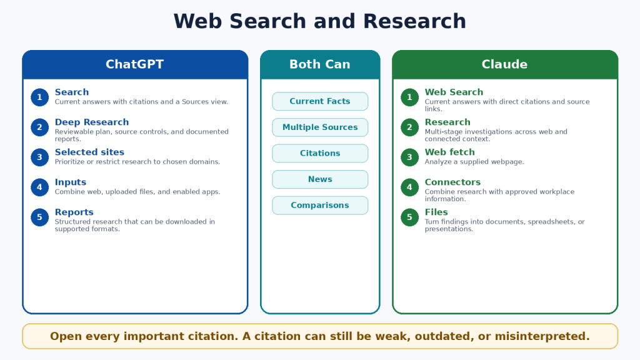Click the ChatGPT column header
[x=135, y=64]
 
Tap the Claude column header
[x=505, y=64]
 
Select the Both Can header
[x=320, y=64]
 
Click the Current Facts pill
[x=320, y=101]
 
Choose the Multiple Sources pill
[x=320, y=127]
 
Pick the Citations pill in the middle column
[x=320, y=154]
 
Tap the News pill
[x=320, y=179]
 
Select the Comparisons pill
[x=320, y=205]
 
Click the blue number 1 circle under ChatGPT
[x=39, y=97]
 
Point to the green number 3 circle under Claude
[x=409, y=157]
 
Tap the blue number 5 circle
[x=39, y=217]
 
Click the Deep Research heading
[x=92, y=122]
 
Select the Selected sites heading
[x=89, y=152]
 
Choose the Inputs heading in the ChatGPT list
[x=71, y=182]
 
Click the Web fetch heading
[x=450, y=152]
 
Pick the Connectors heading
[x=452, y=182]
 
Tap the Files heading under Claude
[x=436, y=212]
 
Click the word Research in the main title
[x=414, y=21]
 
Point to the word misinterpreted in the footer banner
[x=542, y=336]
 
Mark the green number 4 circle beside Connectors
[x=409, y=187]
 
